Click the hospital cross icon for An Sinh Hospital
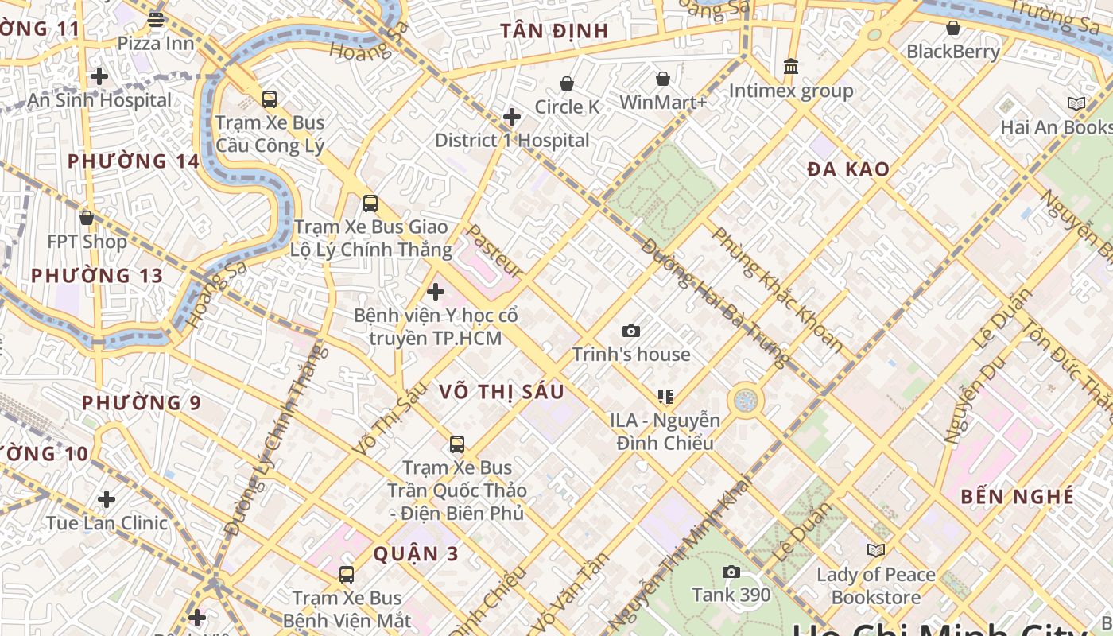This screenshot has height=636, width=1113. click(99, 76)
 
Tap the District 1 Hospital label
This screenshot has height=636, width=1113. click(512, 141)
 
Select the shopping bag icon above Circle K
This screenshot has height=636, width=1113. click(567, 83)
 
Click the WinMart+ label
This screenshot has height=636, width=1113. click(663, 103)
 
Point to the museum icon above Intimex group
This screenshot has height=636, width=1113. click(790, 67)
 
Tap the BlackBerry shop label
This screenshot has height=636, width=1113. click(953, 52)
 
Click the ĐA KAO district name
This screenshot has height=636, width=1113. click(848, 169)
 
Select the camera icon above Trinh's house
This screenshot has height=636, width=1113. click(631, 331)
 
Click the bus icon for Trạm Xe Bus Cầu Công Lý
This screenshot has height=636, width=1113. click(270, 99)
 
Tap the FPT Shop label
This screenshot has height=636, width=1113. click(87, 242)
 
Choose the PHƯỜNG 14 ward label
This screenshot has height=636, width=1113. click(133, 161)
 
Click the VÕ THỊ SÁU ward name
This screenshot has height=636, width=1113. click(502, 391)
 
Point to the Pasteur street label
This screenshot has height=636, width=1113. click(493, 250)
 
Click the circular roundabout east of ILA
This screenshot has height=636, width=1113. click(745, 401)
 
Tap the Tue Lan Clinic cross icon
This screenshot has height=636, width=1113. click(107, 499)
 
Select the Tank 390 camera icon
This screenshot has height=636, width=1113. click(731, 572)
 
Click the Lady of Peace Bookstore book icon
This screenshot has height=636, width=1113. click(876, 550)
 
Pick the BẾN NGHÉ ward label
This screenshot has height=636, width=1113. click(1017, 497)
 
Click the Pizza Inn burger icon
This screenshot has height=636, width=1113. click(156, 20)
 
